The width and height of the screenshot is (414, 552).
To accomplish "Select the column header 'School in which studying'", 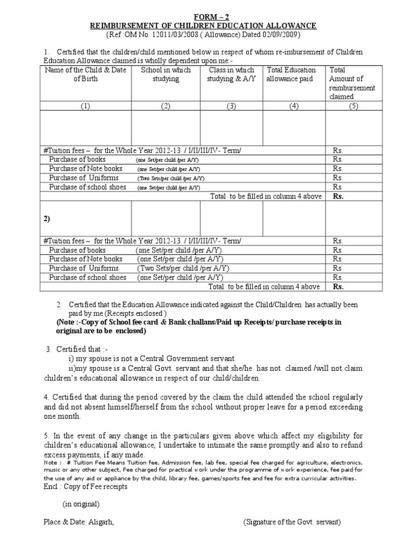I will point(165,74).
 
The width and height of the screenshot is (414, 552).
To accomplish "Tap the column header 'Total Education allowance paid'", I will point(292,74).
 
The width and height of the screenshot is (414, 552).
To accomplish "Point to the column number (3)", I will point(231,106).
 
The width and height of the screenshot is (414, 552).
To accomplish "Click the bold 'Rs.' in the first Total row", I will point(338,196).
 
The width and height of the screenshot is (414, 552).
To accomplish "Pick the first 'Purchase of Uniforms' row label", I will point(84,178).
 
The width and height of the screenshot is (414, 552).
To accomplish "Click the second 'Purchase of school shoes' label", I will point(87,278).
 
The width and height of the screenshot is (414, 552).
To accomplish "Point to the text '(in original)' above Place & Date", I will point(81,505).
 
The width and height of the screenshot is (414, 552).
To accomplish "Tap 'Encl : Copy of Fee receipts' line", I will point(86,487).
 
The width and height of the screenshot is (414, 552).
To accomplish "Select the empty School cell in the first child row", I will point(165,128).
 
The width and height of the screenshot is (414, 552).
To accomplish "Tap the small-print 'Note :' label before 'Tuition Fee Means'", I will point(52,462).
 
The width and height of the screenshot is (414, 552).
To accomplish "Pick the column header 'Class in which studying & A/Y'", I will point(231,74).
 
